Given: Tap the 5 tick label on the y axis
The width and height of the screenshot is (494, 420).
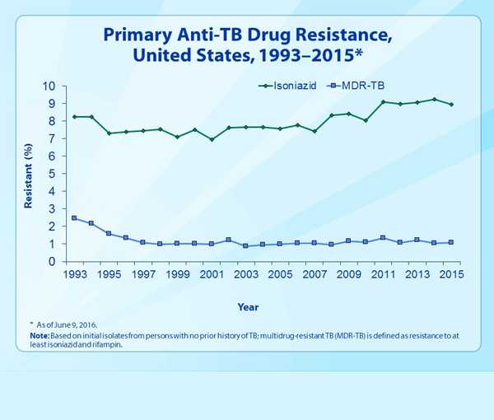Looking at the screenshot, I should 51,174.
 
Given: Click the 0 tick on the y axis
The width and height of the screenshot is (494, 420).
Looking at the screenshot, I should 51,262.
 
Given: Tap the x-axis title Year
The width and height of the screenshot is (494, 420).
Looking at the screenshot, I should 248,306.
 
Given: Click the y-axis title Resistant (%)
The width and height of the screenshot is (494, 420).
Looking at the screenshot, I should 28,175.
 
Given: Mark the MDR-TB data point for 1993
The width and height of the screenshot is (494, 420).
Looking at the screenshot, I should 75,218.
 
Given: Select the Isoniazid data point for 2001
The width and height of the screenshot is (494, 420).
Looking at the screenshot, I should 212,139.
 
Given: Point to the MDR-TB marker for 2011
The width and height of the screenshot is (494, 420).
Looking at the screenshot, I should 383,238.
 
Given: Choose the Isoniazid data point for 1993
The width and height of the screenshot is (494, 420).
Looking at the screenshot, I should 75,117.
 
